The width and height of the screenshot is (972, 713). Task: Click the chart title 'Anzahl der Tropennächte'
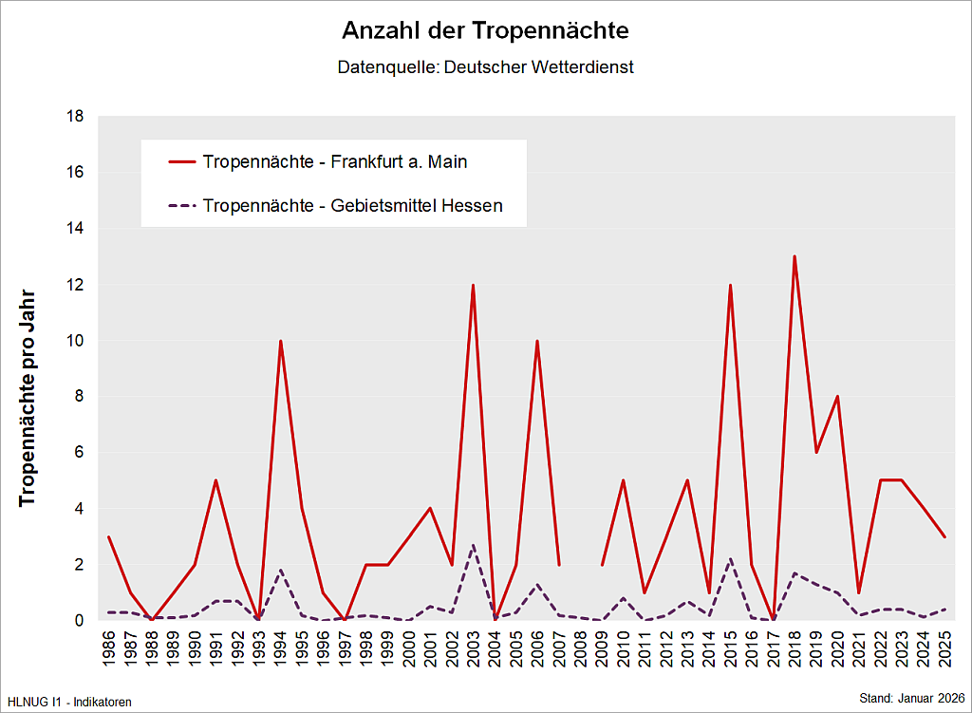tap(485, 30)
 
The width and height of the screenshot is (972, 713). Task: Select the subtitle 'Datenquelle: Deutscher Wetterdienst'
tap(485, 68)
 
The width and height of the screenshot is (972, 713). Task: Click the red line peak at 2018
tap(794, 256)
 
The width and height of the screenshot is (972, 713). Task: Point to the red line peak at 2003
tap(473, 285)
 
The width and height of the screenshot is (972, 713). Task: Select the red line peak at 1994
tap(281, 341)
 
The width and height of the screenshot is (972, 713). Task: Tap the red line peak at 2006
tap(537, 341)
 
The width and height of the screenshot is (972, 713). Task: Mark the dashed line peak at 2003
tap(473, 545)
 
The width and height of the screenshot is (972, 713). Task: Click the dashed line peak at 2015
tap(730, 559)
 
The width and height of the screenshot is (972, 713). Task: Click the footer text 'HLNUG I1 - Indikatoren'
tap(69, 702)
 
